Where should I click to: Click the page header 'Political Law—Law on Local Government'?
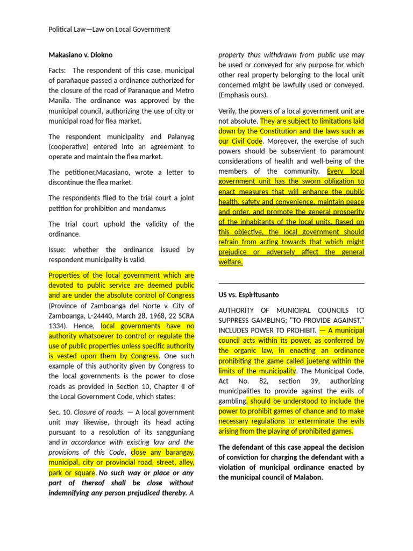[x=109, y=29]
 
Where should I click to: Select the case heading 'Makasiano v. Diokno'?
[x=81, y=54]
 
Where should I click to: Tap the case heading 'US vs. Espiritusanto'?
[x=248, y=295]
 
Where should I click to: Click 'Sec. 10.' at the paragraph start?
[x=59, y=412]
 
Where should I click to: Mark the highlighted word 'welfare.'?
[x=231, y=262]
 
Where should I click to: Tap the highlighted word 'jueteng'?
[x=323, y=361]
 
